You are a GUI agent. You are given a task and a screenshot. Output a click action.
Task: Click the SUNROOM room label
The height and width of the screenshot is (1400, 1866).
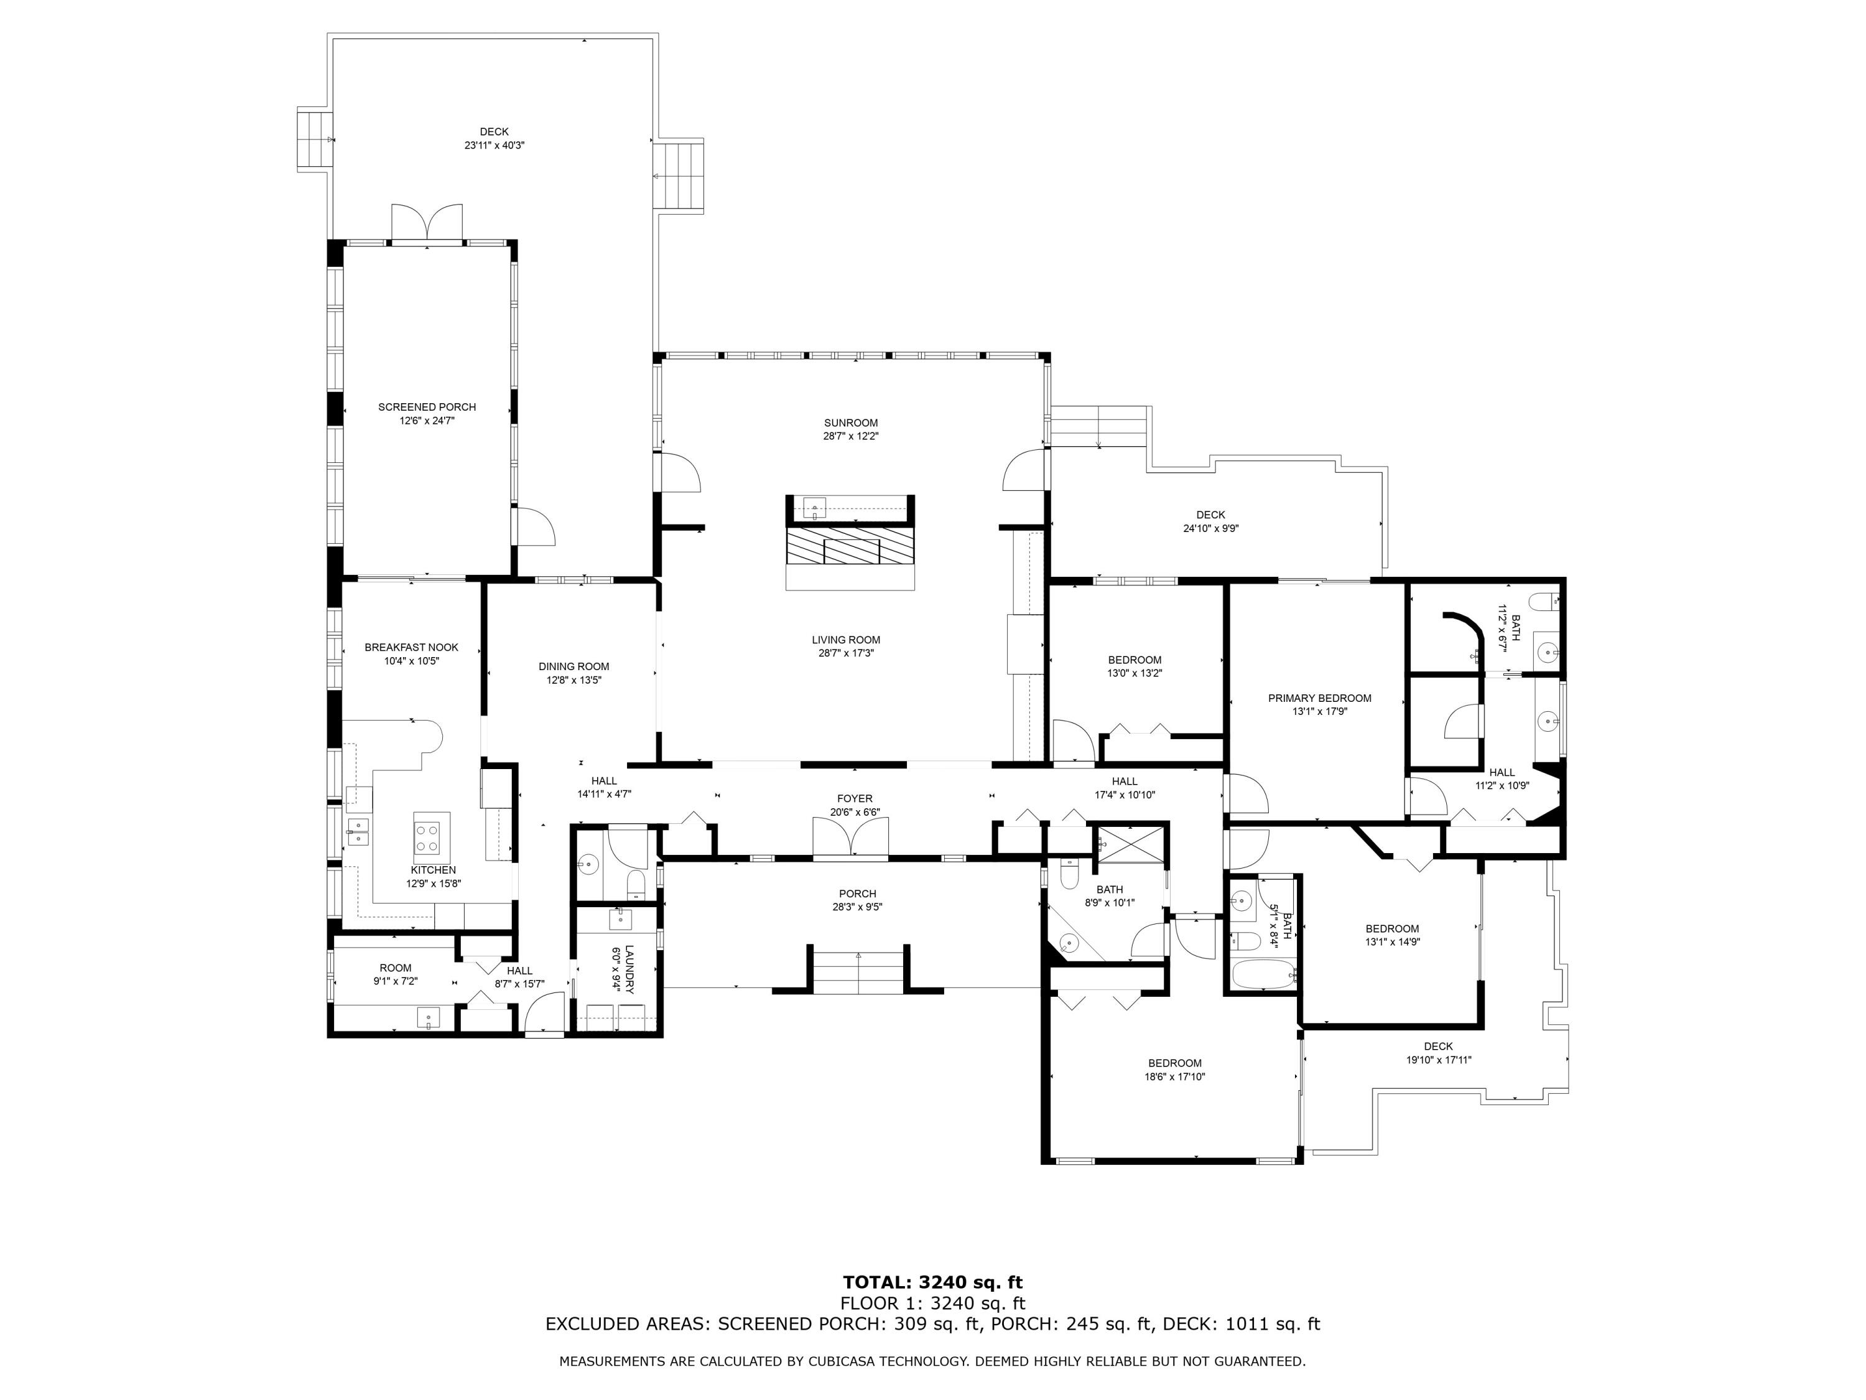click(850, 422)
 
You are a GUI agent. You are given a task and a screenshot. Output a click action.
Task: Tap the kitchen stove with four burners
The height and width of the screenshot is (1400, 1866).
click(430, 837)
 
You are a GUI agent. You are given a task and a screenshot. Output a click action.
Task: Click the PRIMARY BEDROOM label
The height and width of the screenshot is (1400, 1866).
click(1319, 698)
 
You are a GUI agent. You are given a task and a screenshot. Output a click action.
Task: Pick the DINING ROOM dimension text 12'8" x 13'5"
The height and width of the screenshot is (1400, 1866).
click(573, 680)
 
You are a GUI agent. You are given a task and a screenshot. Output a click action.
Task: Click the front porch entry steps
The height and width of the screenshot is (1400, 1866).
click(858, 971)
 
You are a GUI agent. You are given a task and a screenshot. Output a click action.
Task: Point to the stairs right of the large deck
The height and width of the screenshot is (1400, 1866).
click(680, 175)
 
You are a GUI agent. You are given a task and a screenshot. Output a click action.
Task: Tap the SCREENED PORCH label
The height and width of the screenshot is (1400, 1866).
click(427, 407)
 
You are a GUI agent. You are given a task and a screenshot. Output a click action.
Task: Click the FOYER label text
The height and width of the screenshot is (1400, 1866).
click(855, 798)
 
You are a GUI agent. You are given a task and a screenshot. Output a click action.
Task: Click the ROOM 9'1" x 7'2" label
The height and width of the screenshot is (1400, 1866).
click(395, 968)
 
